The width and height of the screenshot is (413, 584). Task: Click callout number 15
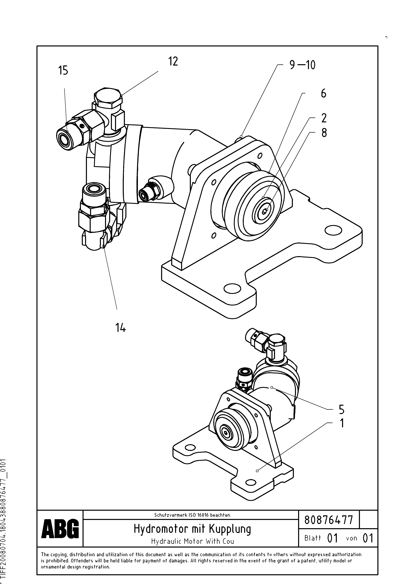63,70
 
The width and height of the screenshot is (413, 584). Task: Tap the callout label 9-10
302,65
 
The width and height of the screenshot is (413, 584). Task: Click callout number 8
324,133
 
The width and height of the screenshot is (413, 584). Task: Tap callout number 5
341,409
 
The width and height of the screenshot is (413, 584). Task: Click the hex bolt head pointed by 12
107,98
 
